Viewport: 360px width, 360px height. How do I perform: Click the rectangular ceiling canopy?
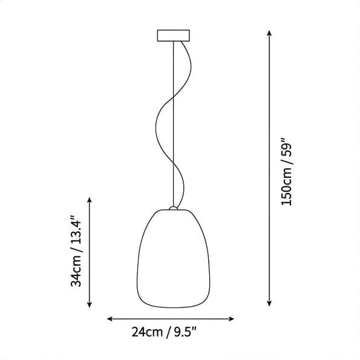tap(173, 36)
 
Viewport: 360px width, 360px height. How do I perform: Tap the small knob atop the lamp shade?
tap(173, 208)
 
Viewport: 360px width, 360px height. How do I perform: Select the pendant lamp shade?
tap(173, 258)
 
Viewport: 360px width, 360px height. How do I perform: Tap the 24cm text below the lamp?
tap(147, 332)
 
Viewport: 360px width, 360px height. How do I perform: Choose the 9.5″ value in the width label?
tap(185, 332)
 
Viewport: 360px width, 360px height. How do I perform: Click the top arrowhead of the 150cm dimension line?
tap(269, 33)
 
